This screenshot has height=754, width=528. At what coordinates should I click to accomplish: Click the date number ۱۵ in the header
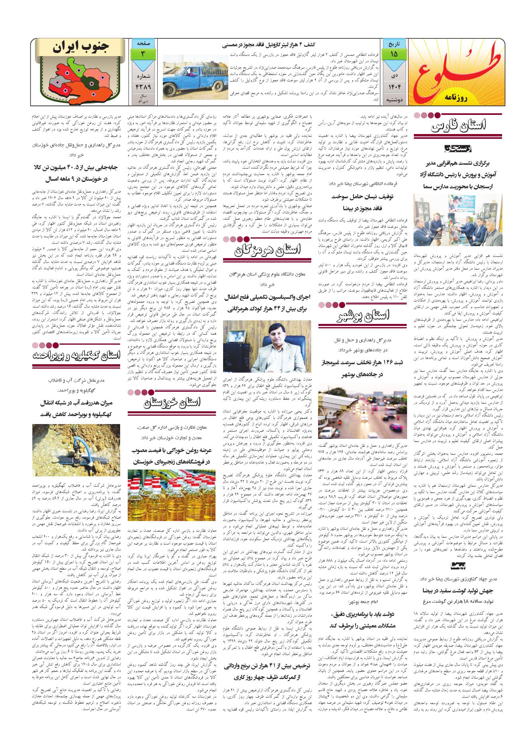[394, 54]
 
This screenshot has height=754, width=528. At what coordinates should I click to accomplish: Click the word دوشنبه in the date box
[394, 99]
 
